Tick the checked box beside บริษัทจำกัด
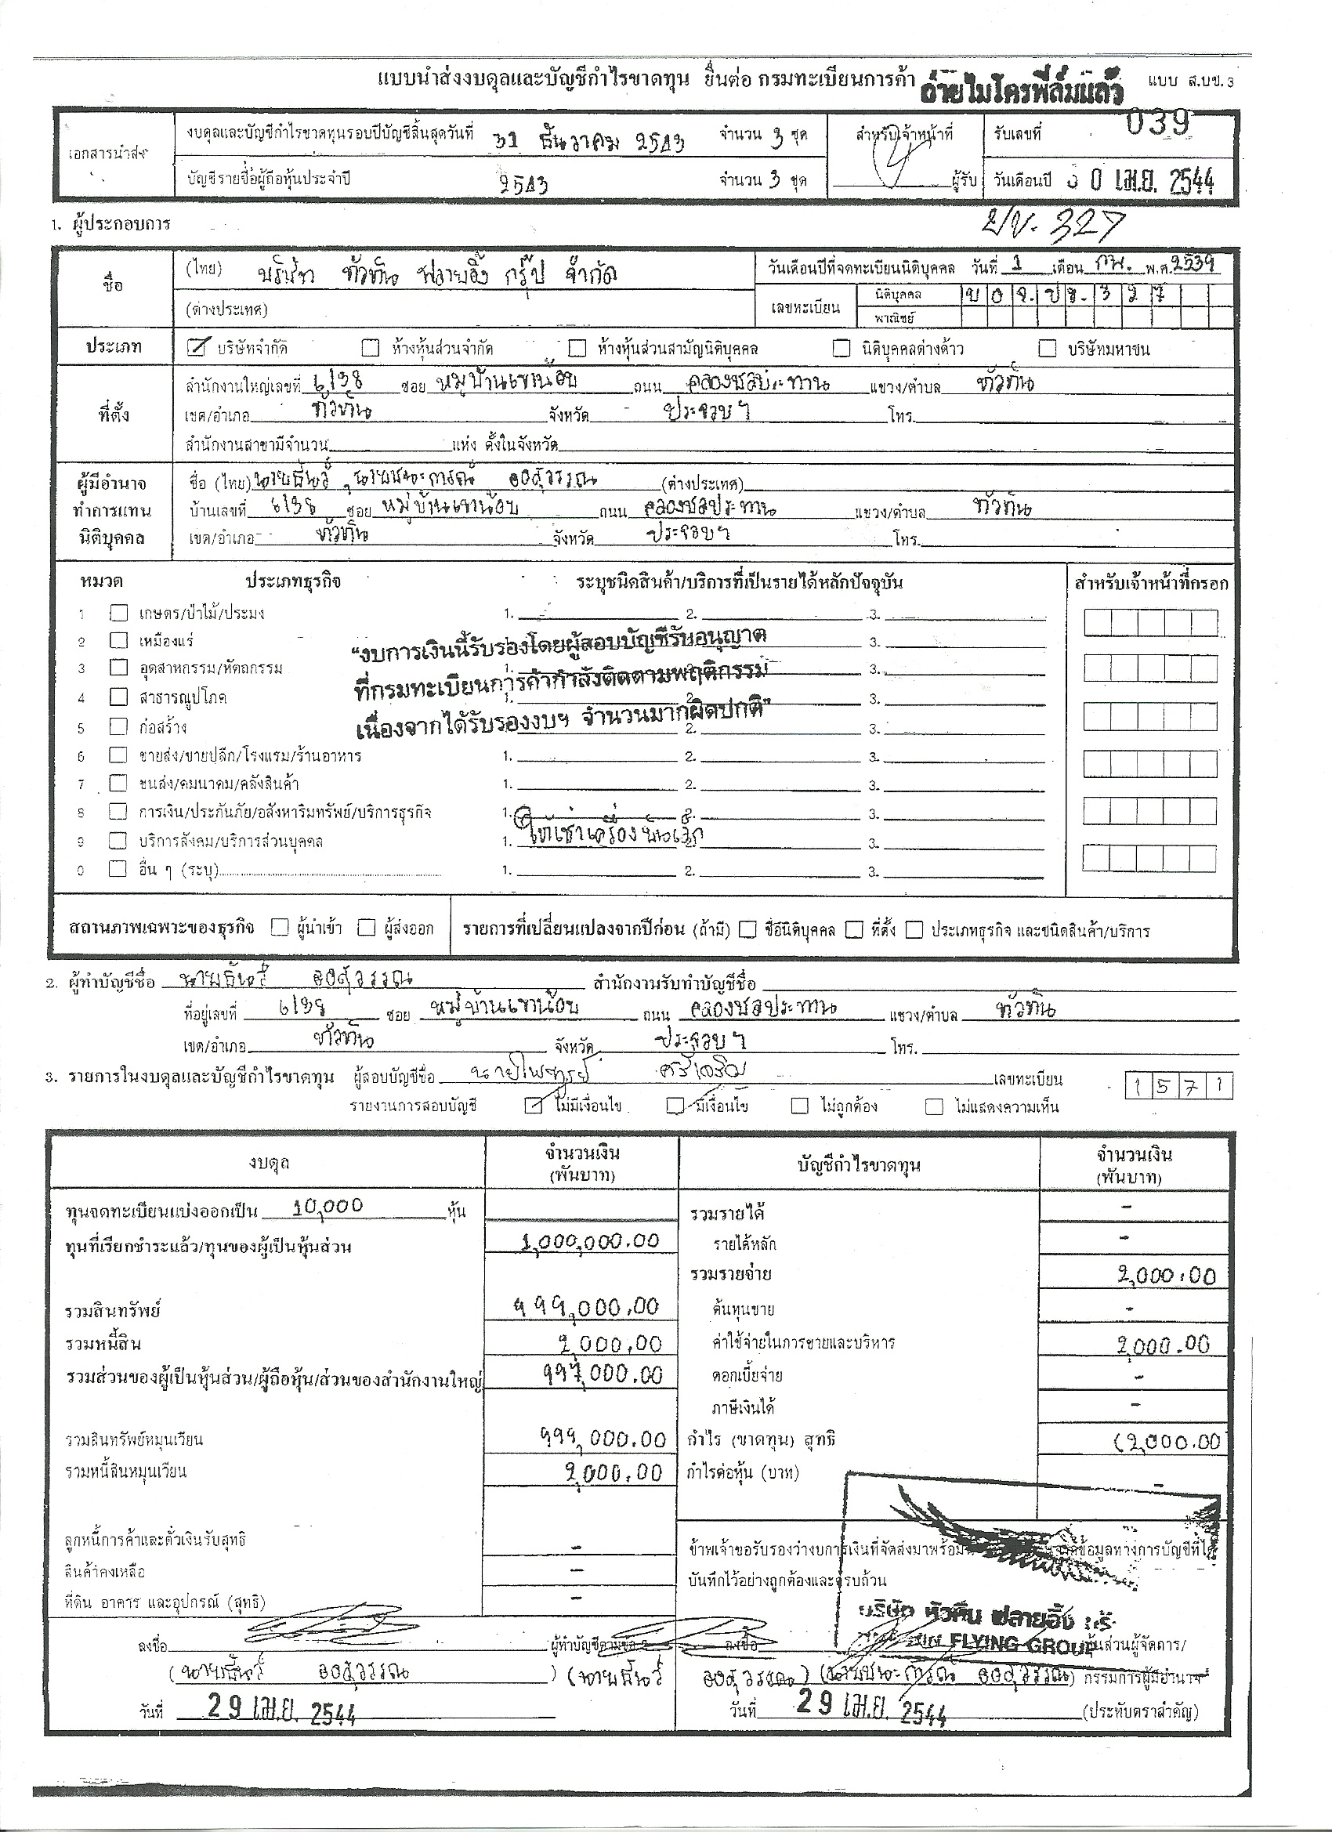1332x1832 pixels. click(x=194, y=347)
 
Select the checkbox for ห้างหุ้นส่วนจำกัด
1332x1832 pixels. click(x=370, y=348)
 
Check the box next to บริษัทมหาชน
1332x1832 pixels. click(x=1047, y=348)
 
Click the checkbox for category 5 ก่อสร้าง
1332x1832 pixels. click(x=119, y=726)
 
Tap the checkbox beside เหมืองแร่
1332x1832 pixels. click(x=119, y=640)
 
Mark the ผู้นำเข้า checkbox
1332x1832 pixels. click(x=280, y=928)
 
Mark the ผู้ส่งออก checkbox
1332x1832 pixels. click(x=367, y=928)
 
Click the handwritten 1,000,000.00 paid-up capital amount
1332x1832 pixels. click(x=591, y=1240)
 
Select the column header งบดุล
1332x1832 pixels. click(x=269, y=1163)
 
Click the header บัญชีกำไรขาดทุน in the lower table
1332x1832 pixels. click(x=859, y=1165)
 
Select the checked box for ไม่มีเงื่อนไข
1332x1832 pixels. click(x=533, y=1106)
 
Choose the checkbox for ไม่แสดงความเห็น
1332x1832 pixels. click(x=934, y=1106)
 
